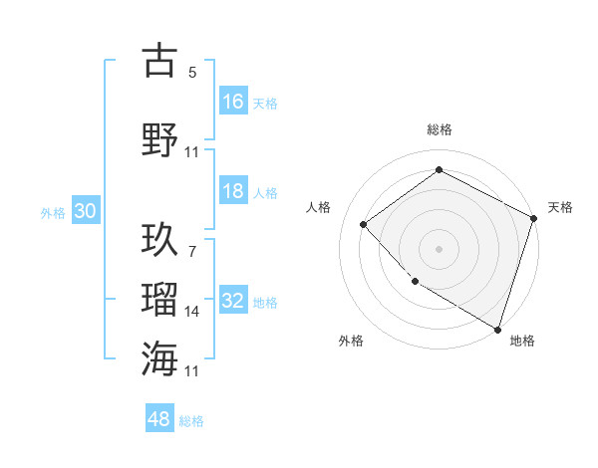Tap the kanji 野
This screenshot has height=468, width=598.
(x=159, y=139)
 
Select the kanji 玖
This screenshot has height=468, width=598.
(x=159, y=240)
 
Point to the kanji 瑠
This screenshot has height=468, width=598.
(x=159, y=300)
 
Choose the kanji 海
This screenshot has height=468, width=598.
(x=159, y=358)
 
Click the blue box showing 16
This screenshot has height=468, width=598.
(x=233, y=102)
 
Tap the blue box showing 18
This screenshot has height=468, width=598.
(x=233, y=191)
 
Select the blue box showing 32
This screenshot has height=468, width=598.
(x=233, y=302)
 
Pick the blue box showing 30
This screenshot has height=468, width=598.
(x=85, y=212)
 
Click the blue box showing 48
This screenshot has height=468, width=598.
(x=159, y=419)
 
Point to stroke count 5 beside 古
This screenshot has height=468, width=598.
(x=192, y=72)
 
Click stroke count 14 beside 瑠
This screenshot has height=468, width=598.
(x=192, y=312)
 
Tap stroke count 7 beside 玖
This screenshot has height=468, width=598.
(x=192, y=252)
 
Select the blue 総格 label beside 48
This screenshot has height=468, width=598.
(x=191, y=420)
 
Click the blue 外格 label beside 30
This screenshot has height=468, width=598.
(x=53, y=212)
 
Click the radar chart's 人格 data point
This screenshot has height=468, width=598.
(x=364, y=224)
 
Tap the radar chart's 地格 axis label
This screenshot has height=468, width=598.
(x=522, y=341)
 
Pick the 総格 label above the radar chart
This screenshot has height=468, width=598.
(x=440, y=129)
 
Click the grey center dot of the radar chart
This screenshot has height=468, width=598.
(x=439, y=248)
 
